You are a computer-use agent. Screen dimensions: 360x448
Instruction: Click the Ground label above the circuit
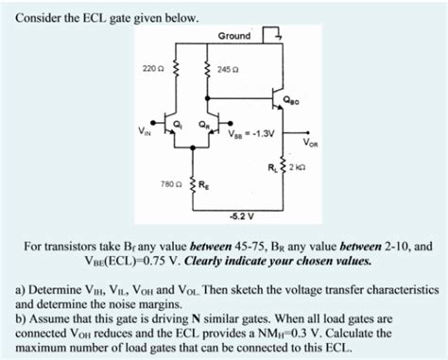[x=234, y=36]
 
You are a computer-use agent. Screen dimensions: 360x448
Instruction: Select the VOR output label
[x=311, y=144]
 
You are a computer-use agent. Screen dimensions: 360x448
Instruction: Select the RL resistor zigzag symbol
[x=284, y=168]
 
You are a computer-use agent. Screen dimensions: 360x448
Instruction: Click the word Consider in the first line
[x=39, y=18]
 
